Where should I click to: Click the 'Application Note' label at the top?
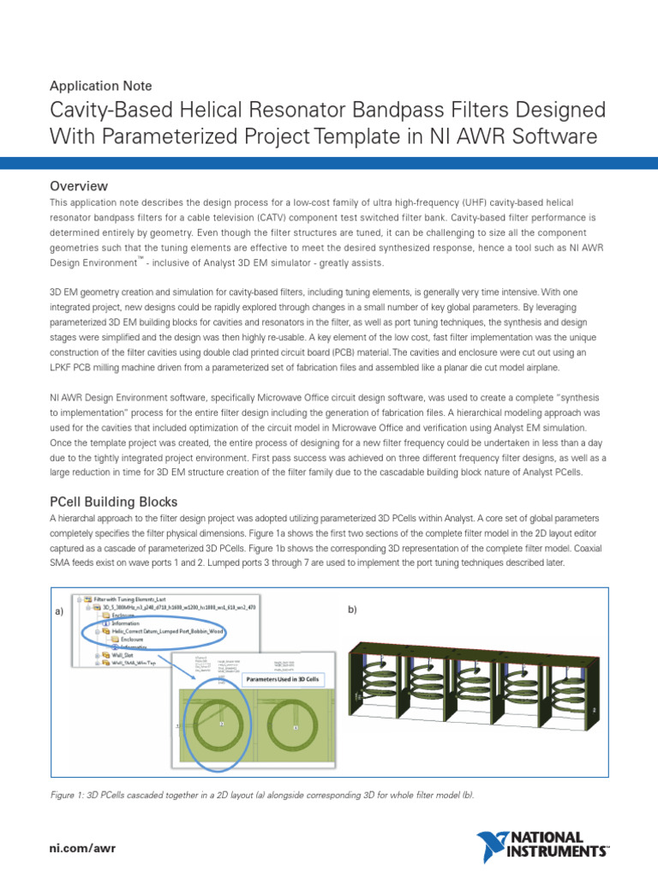[x=101, y=86]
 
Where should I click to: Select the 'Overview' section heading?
[x=79, y=186]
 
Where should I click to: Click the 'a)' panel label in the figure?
[x=59, y=610]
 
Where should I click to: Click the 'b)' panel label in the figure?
[x=351, y=609]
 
